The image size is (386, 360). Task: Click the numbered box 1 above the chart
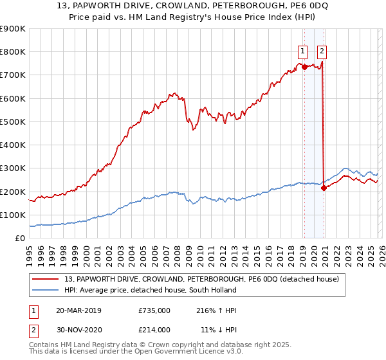point(302,53)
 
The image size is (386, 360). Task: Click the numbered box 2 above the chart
point(322,53)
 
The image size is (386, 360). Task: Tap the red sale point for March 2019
point(304,66)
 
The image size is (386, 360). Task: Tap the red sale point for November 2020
point(324,188)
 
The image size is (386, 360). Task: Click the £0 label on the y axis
point(19,239)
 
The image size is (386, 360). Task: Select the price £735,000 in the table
point(154,310)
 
